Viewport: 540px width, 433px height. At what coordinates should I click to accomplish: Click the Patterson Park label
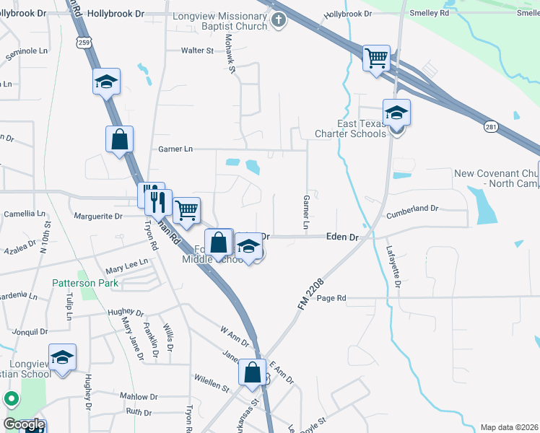pos(84,283)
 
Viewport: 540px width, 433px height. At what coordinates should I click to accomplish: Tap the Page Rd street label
pos(331,297)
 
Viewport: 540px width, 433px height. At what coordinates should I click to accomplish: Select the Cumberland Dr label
pos(412,208)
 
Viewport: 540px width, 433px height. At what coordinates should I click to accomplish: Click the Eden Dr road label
pos(342,237)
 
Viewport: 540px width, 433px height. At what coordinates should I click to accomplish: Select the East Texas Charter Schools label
pos(351,128)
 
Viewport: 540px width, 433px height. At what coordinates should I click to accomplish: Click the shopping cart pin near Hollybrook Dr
pos(376,58)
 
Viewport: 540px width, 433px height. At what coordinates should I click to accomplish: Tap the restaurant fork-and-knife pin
pos(157,202)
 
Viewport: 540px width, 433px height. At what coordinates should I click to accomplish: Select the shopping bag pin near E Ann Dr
pos(253,373)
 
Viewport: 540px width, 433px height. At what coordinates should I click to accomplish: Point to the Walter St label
pos(197,51)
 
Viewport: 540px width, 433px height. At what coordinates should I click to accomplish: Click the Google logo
pos(23,424)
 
